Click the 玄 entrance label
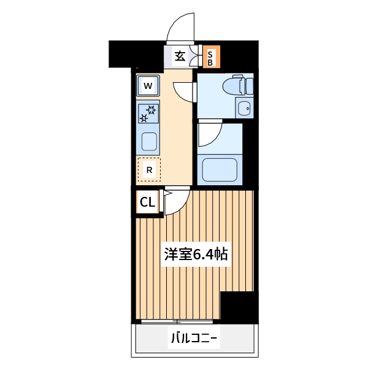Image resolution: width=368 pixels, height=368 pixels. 180,56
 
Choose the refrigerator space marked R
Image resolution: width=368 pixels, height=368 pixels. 148,169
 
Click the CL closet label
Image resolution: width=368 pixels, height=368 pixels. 148,202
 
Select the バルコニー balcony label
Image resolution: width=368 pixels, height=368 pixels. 194,338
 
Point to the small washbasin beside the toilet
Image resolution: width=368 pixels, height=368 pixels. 245,109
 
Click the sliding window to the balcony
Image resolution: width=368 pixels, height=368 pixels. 178,321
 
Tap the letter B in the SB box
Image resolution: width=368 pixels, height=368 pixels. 210,62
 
